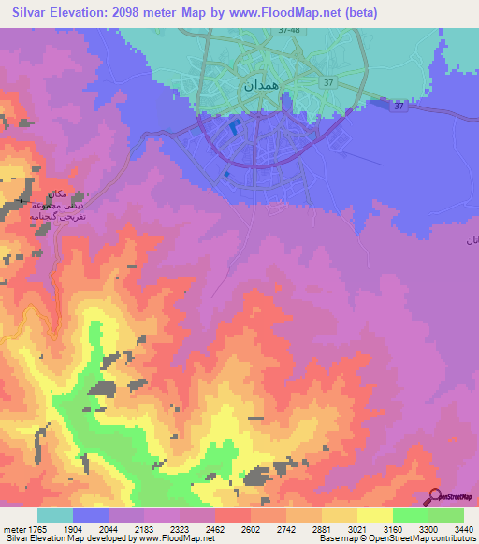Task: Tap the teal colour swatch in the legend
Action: coord(55,515)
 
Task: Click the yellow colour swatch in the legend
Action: coord(375,515)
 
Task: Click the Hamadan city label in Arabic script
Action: coord(261,84)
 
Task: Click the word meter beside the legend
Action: coord(12,528)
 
